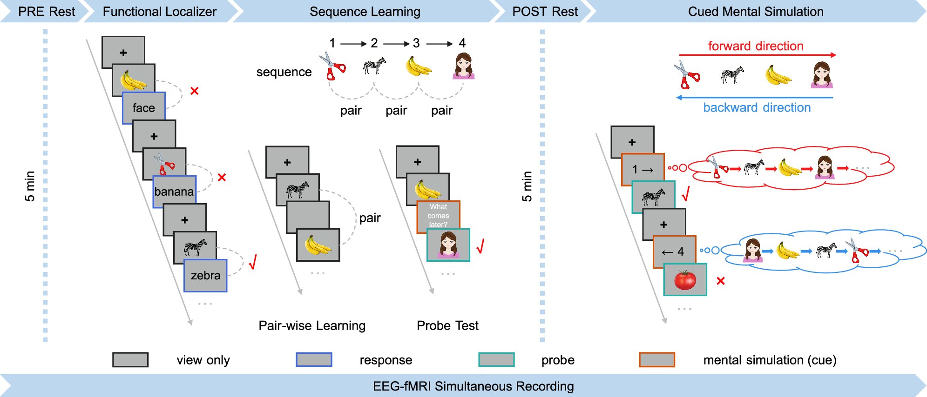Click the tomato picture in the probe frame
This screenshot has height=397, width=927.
[685, 280]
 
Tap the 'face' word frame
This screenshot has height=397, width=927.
[143, 108]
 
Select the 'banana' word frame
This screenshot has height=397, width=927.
[174, 192]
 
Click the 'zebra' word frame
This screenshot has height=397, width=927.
[205, 276]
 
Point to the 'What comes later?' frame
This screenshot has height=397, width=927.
[438, 215]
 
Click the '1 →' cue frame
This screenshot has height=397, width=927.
[643, 170]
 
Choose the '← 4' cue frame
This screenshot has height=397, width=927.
[674, 252]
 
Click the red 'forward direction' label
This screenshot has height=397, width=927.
[755, 46]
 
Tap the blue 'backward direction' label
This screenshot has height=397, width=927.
[757, 108]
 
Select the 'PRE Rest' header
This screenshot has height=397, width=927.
[46, 12]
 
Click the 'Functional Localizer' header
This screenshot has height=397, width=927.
[159, 12]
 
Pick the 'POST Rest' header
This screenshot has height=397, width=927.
[545, 12]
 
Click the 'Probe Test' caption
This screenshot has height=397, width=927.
[447, 325]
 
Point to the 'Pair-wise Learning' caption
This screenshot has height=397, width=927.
[312, 325]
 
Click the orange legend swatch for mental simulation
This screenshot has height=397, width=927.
[656, 360]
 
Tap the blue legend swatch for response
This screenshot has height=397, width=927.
[314, 360]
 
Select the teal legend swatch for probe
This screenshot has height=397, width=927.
[496, 360]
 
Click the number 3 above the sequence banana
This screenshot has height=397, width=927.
[416, 43]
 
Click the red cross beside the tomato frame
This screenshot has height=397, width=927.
[721, 281]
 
